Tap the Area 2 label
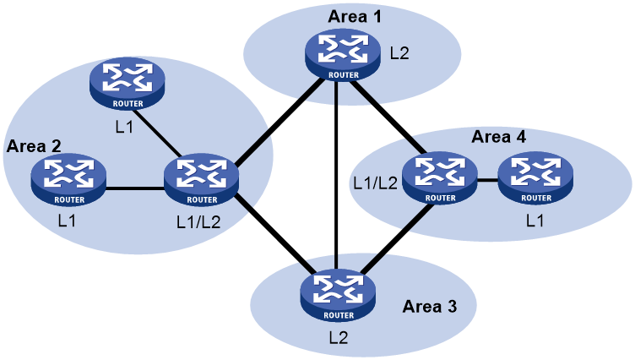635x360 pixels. pos(34,145)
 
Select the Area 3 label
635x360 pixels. pos(429,306)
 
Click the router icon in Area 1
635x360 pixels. pos(343,56)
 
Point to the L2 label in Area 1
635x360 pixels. pos(399,54)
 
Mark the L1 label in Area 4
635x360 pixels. pos(535,221)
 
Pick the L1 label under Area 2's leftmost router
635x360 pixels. pos(68,221)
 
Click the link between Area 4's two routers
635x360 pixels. pos(487,180)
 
